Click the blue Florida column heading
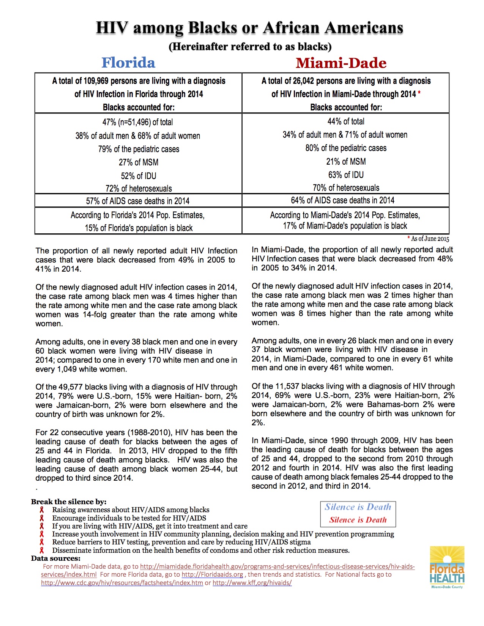click(128, 63)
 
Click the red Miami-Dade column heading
click(341, 63)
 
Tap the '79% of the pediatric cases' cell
click(139, 149)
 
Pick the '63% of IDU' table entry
click(346, 175)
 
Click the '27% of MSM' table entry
click(139, 162)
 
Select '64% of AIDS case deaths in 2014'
click(346, 200)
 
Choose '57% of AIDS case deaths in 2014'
click(138, 201)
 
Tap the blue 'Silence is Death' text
click(358, 507)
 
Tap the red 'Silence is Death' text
click(358, 520)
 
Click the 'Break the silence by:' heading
click(69, 502)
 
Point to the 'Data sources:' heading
click(56, 558)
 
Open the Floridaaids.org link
click(212, 575)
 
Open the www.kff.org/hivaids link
click(252, 583)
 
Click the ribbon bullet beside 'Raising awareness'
click(42, 510)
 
